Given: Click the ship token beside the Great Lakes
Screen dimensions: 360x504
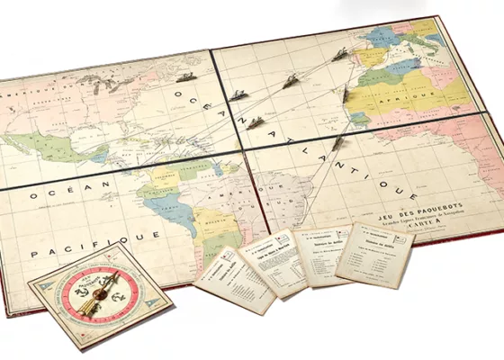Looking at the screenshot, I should (x=186, y=78).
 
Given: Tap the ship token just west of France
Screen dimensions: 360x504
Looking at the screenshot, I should (x=339, y=56).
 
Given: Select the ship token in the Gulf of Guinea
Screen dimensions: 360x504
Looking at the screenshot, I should (x=337, y=142).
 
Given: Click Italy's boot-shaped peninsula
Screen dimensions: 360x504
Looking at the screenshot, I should (x=407, y=45).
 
